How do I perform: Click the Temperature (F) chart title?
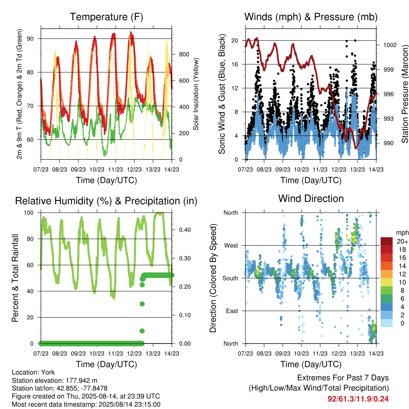coord(106,17)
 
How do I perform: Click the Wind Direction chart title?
coord(311,199)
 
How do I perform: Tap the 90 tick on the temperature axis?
coord(30,39)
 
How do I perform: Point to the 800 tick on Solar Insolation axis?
coord(184,54)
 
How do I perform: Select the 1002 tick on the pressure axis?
coord(390,45)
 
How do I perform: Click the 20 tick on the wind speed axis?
coord(235,41)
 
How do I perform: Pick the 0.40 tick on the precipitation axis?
coord(185,230)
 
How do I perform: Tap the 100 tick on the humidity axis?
coord(29,213)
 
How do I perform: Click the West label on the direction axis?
coord(231,246)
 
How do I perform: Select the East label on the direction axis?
coord(232,311)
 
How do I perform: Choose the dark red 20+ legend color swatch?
coord(387,241)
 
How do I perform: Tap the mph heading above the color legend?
coord(402,233)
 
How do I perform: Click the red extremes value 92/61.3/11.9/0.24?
coord(358,399)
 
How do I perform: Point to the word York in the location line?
coord(48,372)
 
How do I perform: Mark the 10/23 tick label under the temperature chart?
coord(97,170)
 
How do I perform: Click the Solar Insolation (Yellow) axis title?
coord(196,94)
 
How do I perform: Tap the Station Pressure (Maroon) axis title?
coord(405,94)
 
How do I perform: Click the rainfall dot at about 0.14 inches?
coord(142,304)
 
